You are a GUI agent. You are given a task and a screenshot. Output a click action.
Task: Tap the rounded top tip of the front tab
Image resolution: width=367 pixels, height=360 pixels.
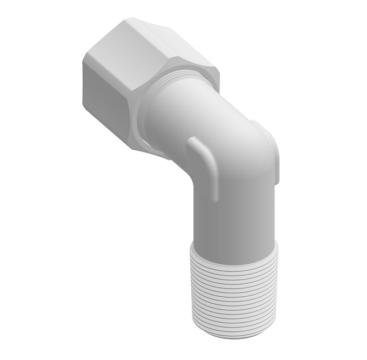pos(194,142)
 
